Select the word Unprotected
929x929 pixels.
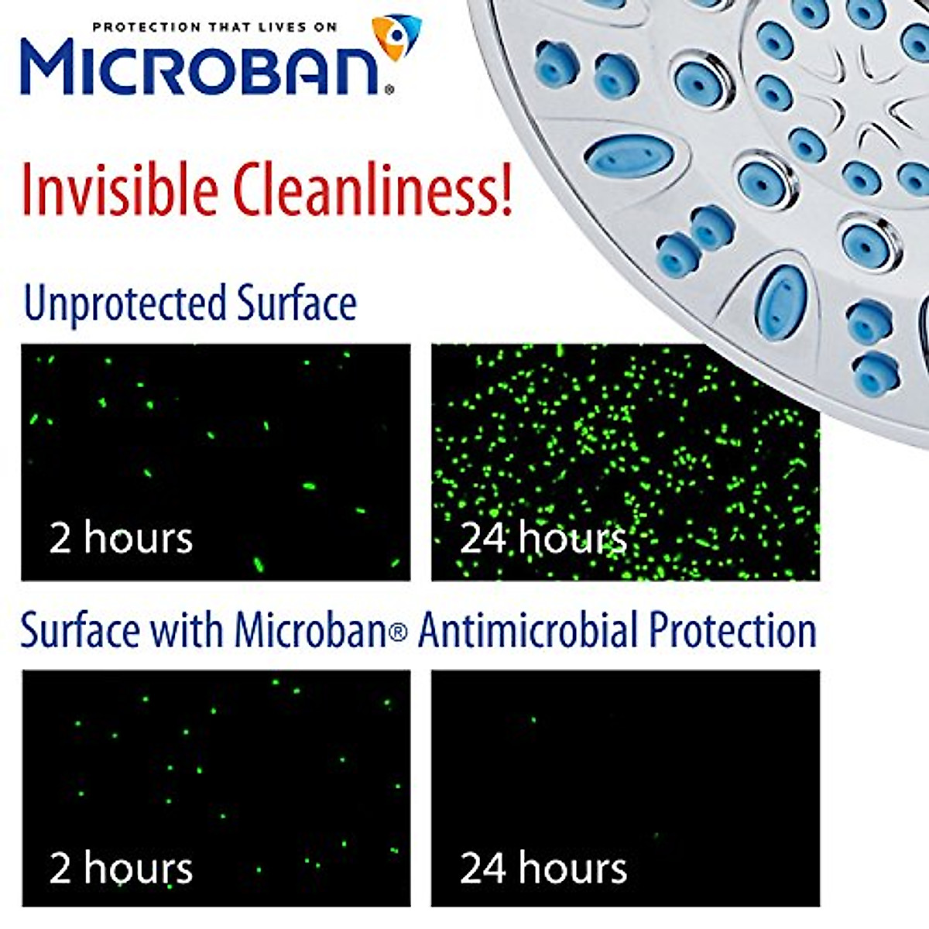click(x=125, y=303)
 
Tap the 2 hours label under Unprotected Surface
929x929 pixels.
click(x=121, y=537)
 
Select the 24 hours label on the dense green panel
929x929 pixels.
click(x=543, y=537)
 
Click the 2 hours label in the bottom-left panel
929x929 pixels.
click(x=121, y=868)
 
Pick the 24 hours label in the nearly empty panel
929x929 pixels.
click(x=543, y=868)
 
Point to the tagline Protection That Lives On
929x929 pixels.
click(x=214, y=27)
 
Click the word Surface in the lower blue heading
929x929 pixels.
click(x=81, y=630)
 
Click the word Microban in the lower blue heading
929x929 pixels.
click(x=310, y=630)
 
